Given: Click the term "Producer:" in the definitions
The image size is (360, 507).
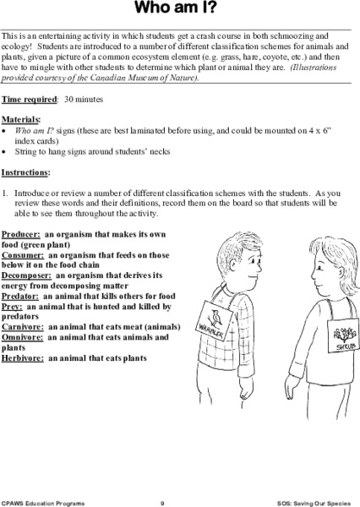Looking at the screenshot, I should point(21,232).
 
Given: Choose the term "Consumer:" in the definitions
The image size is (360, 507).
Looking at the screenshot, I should point(23,253).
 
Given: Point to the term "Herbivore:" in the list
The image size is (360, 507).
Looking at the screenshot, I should point(23,357).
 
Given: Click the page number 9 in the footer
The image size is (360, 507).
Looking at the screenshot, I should point(173,501).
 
